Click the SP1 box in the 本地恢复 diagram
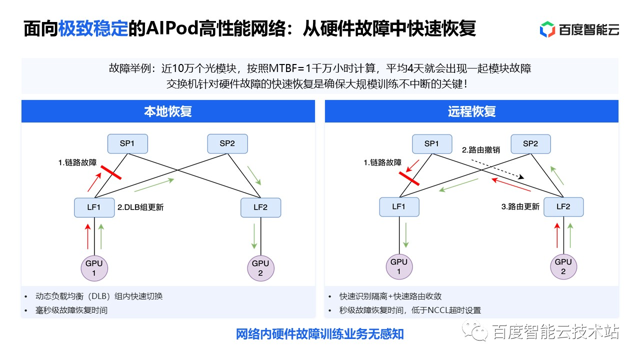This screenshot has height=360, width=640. [127, 144]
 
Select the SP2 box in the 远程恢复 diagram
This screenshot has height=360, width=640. [530, 144]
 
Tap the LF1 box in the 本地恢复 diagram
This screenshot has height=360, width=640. [94, 207]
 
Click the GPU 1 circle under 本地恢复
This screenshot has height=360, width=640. [94, 267]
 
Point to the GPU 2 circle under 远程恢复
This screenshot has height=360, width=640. [563, 266]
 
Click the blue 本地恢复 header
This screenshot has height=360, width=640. [168, 111]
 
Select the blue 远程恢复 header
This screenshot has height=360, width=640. [471, 111]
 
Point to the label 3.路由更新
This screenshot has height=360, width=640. [520, 206]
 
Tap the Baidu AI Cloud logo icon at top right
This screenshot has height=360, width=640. [547, 29]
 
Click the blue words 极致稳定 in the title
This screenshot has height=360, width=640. [93, 29]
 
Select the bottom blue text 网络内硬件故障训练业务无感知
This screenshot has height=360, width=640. [319, 334]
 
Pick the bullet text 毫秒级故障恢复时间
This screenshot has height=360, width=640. [71, 310]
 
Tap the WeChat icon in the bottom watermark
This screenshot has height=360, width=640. [475, 330]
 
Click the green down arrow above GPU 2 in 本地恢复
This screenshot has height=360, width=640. [254, 236]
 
